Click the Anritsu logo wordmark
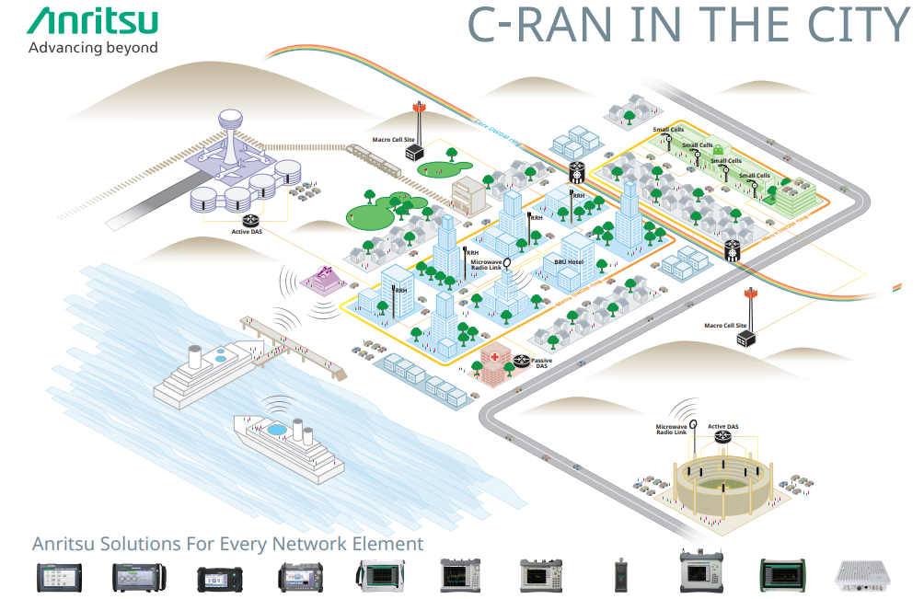point(93,22)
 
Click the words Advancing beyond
point(93,48)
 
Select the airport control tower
point(230,133)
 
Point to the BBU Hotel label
point(569,262)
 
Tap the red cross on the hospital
point(494,356)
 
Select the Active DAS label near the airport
point(248,232)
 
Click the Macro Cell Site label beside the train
point(390,141)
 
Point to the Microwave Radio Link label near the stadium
point(671,431)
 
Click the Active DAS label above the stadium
point(722,427)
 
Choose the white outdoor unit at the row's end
point(862,574)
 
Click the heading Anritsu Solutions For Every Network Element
point(228,544)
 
